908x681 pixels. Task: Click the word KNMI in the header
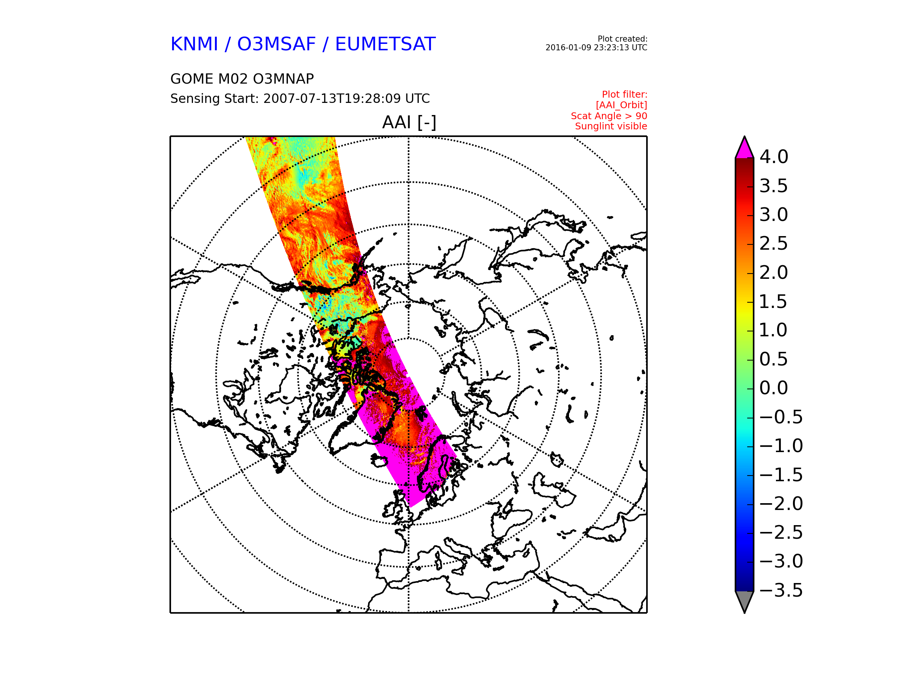pos(194,44)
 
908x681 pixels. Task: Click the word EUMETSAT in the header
pos(385,44)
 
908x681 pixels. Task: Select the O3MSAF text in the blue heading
pos(277,44)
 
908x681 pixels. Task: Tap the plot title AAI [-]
pos(409,122)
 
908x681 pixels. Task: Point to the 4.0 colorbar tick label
pos(774,157)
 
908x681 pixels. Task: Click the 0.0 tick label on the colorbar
pos(774,388)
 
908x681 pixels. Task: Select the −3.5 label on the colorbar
pos(781,590)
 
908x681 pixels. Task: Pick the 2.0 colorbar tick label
pos(774,272)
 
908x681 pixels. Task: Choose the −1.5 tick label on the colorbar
pos(781,475)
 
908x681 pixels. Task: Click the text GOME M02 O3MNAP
pos(242,79)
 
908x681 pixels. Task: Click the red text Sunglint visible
pos(611,126)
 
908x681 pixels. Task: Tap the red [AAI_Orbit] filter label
pos(622,106)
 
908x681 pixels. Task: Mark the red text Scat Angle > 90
pos(609,116)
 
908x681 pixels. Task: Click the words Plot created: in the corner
pos(623,39)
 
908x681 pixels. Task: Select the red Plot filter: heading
pos(625,95)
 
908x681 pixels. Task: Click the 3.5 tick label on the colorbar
pos(774,186)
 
